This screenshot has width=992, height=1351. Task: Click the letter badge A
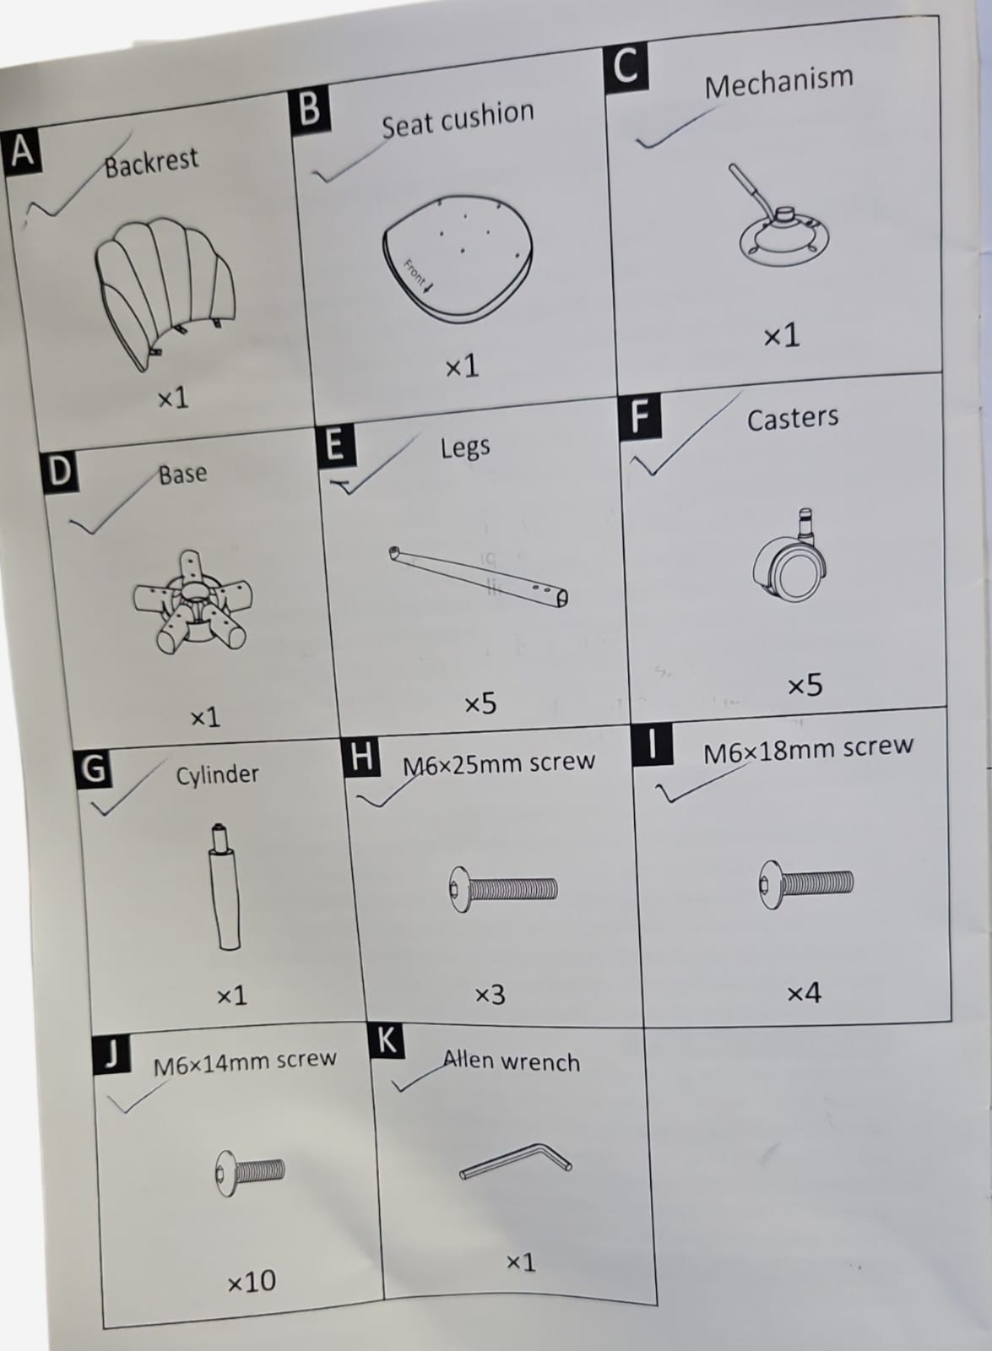22,152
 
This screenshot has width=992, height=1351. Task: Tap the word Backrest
151,162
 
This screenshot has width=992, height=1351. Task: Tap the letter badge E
335,446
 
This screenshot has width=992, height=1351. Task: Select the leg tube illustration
478,577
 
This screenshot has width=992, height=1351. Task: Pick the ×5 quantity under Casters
805,685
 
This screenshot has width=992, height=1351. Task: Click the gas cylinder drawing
225,886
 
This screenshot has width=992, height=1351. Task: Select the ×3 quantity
491,995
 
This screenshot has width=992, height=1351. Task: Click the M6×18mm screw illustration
805,884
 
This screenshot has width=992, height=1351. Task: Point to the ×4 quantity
804,992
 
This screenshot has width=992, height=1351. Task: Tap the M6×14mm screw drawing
250,1173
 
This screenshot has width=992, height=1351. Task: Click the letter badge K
387,1040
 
